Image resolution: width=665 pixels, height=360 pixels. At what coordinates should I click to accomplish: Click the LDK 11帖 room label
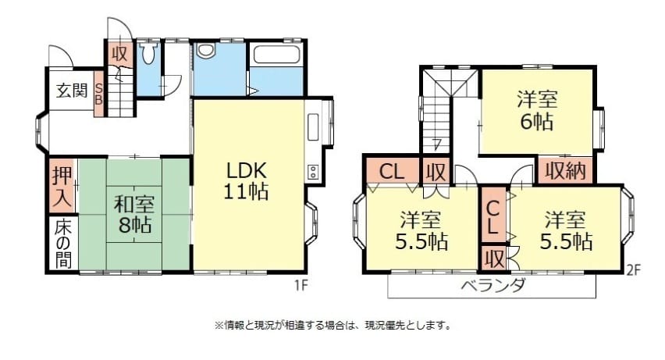pos(246,181)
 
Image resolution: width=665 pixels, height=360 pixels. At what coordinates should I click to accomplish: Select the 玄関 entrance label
pos(72,90)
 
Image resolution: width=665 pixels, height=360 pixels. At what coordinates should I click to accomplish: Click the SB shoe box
pos(98,94)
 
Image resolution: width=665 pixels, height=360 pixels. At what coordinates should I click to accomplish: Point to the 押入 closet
pos(62,186)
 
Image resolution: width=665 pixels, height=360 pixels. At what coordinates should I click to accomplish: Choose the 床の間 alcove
pos(62,244)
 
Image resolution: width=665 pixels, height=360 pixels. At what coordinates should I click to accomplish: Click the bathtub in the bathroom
pos(276,55)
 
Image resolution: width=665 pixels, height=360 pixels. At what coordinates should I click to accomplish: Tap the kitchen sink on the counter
pos(313,127)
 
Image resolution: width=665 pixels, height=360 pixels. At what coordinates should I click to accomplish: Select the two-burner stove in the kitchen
pos(313,172)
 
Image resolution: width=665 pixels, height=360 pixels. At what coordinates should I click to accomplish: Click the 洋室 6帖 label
pos(536,110)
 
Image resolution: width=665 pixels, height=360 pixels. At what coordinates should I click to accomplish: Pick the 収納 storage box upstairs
pos(565,171)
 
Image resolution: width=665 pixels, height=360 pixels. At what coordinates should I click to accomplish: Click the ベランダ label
pos(493,285)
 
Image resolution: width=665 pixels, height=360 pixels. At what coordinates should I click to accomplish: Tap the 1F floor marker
pos(300,286)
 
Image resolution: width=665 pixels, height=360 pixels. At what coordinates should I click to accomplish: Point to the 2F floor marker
pos(633,270)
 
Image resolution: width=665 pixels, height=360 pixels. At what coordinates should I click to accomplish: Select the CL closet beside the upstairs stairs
pos(392,171)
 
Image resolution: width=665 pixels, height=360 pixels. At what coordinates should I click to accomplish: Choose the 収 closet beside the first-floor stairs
pos(120,53)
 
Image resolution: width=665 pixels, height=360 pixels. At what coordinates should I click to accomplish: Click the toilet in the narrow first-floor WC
pos(148,52)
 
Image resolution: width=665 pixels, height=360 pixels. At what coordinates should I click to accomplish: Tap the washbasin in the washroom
pos(206,51)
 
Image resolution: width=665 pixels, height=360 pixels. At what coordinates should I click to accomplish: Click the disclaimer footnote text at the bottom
pos(332,326)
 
